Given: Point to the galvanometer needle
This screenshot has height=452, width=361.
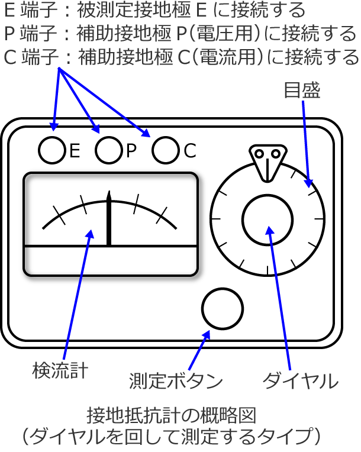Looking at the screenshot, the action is [x=109, y=218].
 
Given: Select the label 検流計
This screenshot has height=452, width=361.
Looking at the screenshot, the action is [x=60, y=370].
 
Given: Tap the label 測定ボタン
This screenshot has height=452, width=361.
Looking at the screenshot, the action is [x=176, y=381].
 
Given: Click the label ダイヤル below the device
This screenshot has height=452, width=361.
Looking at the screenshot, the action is [x=301, y=381].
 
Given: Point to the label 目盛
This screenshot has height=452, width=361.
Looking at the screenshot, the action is [x=302, y=91].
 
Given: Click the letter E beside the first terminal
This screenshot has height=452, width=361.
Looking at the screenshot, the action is [x=75, y=150].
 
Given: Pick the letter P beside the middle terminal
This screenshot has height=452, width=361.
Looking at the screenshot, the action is [x=131, y=150].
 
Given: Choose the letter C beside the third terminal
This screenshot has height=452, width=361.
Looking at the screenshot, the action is [x=190, y=150].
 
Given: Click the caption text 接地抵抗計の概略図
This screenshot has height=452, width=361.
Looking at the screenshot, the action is [x=172, y=415].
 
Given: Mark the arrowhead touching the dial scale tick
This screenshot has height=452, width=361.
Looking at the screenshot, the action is [x=308, y=183].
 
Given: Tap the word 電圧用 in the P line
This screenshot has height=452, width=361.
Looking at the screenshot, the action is [x=225, y=33].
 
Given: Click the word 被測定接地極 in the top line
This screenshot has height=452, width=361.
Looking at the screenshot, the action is [x=134, y=9].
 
